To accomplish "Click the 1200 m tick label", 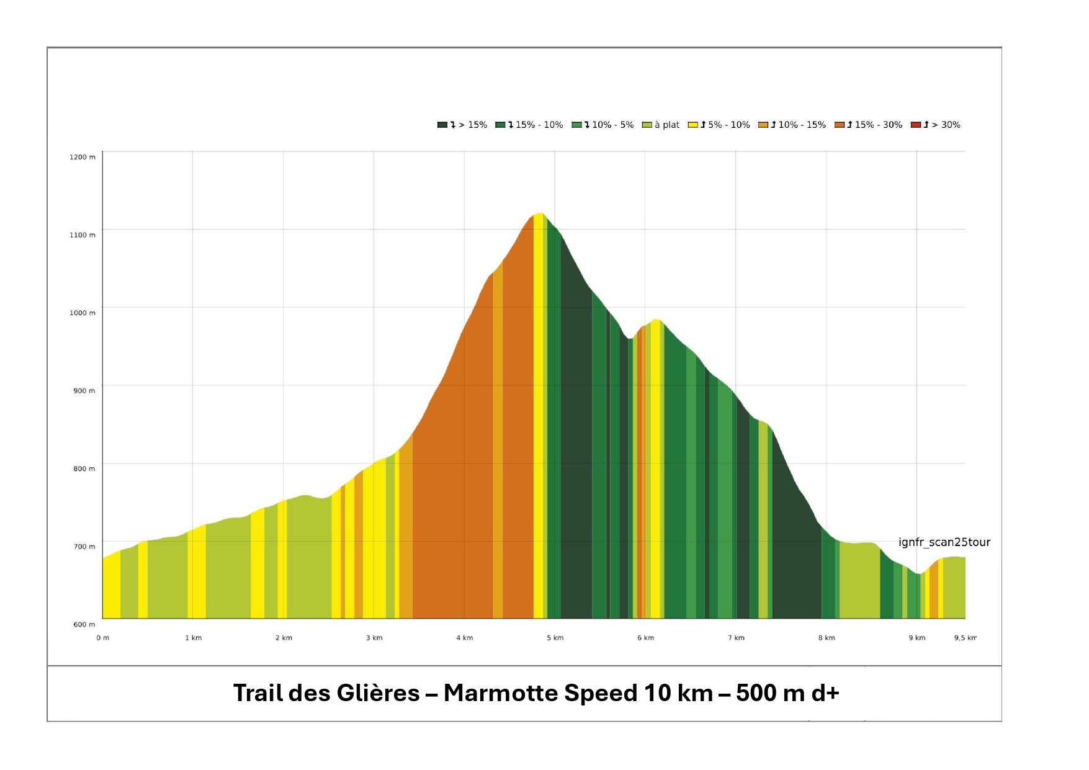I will [82, 157].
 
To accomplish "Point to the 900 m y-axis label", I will [84, 391].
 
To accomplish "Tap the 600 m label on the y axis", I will [84, 624].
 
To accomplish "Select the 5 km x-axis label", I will [555, 638].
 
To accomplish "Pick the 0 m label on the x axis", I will [102, 638].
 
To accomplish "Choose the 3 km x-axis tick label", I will [374, 638].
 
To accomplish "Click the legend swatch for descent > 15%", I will [442, 125].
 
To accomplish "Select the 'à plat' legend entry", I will [661, 125].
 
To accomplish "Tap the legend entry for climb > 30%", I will [935, 125].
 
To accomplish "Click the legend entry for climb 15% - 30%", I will [869, 125].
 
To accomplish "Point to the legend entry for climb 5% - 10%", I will [719, 125].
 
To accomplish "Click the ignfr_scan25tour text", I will [944, 542].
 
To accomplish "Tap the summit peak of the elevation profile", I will [539, 213].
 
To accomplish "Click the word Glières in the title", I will [378, 693].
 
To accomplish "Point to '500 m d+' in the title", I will [787, 693].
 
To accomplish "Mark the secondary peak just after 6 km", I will [656, 320].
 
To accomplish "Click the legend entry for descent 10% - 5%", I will [603, 125].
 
